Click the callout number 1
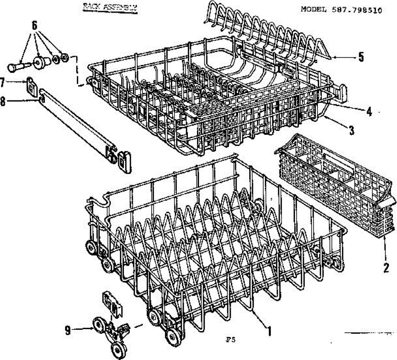[x=270, y=331]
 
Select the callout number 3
[x=352, y=130]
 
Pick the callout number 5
[x=361, y=57]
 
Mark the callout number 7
[x=2, y=82]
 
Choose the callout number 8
[x=3, y=102]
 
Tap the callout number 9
[x=68, y=331]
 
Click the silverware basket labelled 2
[x=334, y=185]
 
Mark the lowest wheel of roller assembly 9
[x=117, y=348]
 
